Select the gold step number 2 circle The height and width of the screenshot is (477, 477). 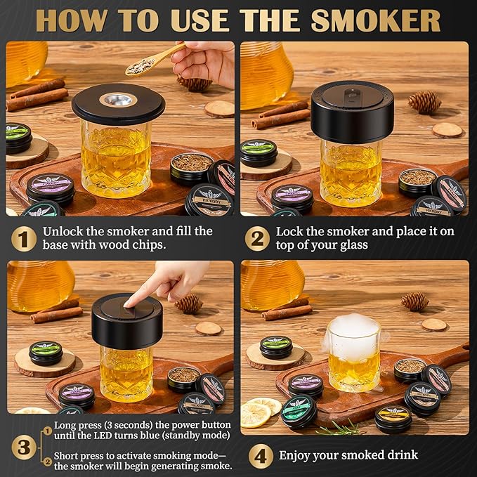click(x=257, y=239)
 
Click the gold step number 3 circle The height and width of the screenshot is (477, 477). click(x=22, y=445)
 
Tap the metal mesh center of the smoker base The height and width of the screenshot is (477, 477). click(x=118, y=99)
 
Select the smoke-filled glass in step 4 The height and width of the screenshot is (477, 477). click(x=353, y=353)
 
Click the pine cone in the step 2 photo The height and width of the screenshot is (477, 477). click(x=424, y=102)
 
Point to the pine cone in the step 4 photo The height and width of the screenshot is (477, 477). click(x=414, y=301)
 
